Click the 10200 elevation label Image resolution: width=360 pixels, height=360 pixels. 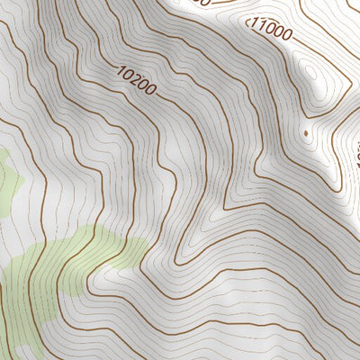[x=137, y=79]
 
